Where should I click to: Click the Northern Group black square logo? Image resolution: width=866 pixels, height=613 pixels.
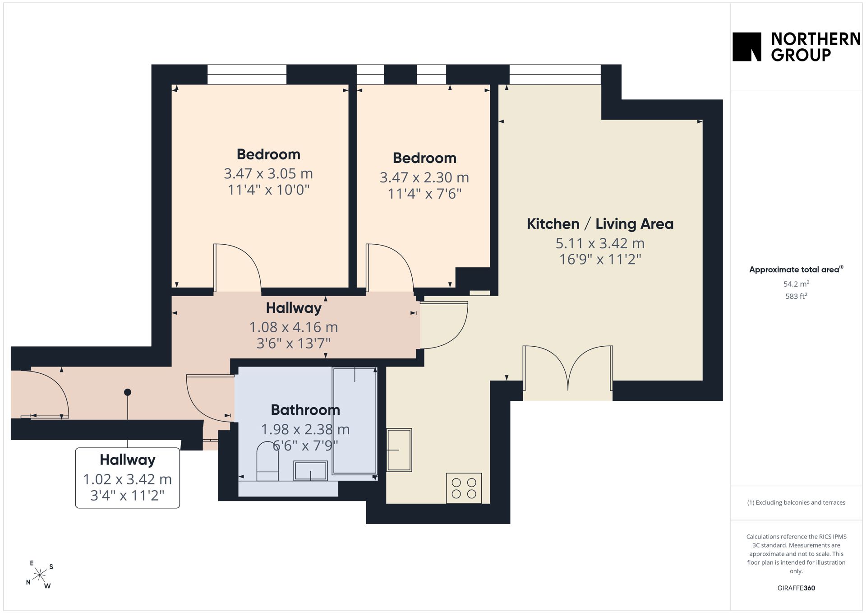[746, 46]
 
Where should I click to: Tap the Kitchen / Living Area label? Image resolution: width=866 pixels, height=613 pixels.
[600, 224]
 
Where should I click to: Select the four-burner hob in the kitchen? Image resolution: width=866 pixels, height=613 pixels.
[464, 488]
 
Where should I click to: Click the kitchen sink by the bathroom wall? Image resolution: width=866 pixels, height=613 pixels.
[399, 450]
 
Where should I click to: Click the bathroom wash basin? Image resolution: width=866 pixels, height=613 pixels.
[310, 471]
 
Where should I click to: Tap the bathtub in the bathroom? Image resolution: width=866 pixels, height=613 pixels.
[355, 421]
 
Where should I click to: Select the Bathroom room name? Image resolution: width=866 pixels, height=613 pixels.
[305, 410]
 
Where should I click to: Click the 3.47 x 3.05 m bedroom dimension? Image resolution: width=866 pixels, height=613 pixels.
[268, 174]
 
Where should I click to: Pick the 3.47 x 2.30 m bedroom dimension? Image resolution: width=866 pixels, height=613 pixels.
[424, 177]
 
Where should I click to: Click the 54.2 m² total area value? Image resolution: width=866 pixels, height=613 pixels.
[796, 284]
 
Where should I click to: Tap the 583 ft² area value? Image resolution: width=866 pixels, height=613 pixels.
[796, 296]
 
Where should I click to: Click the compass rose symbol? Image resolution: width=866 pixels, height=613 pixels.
[40, 575]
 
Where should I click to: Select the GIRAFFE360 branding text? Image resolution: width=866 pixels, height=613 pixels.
[796, 588]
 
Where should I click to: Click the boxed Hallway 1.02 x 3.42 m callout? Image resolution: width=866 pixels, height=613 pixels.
[128, 478]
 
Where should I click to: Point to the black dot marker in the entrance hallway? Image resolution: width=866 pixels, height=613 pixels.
[128, 392]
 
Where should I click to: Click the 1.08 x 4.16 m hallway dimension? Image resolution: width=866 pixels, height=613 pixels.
[294, 327]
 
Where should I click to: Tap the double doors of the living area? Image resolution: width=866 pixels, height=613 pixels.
[568, 368]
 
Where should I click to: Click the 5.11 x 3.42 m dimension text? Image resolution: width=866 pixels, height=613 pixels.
[600, 243]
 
